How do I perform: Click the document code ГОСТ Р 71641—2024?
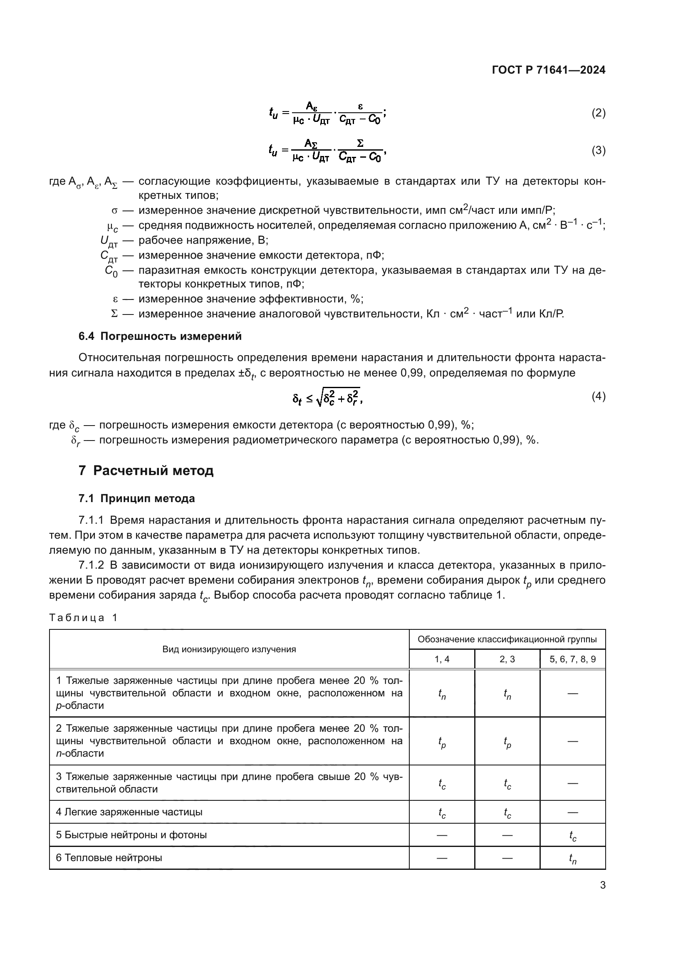[x=548, y=70]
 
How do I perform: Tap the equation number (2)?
[x=598, y=113]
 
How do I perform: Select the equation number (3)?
[x=598, y=151]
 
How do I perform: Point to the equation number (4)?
[x=598, y=396]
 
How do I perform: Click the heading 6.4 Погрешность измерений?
[x=160, y=336]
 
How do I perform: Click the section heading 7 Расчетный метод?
[x=146, y=470]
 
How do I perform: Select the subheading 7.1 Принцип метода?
[x=136, y=498]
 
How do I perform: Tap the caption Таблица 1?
[x=83, y=617]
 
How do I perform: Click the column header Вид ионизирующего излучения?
[x=229, y=649]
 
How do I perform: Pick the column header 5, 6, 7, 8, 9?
[x=572, y=659]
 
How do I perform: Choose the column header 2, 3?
[x=507, y=659]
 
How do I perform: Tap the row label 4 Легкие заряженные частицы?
[x=129, y=812]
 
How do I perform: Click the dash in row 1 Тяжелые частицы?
[x=572, y=694]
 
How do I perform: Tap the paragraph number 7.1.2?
[x=91, y=565]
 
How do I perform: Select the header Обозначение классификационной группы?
[x=507, y=639]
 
